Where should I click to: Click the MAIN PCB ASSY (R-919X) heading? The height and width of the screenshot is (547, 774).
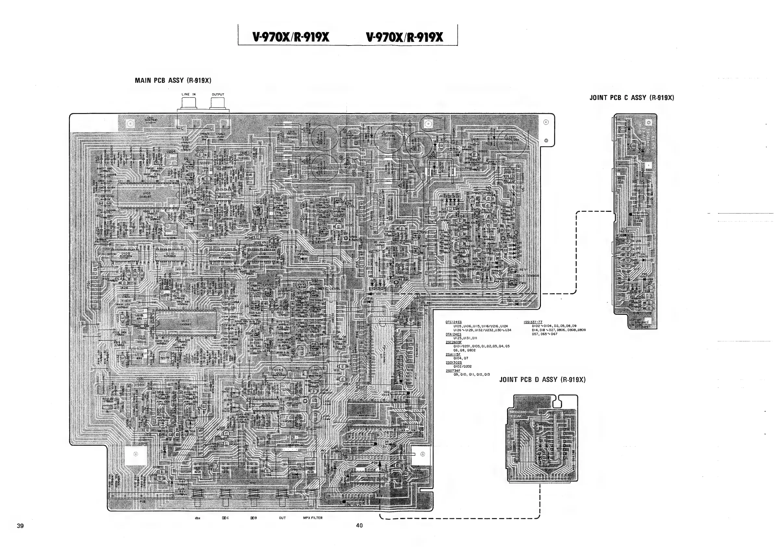(173, 81)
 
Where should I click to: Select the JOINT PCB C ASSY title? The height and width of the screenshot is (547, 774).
(631, 98)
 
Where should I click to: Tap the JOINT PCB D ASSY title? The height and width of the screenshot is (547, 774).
(542, 380)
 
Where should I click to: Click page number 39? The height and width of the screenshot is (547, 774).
(20, 526)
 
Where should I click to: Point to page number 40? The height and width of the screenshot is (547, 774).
(359, 526)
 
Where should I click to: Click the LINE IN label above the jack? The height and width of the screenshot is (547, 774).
(189, 94)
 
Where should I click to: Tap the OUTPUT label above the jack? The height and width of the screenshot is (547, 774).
(218, 95)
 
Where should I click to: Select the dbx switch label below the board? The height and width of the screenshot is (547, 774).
(198, 518)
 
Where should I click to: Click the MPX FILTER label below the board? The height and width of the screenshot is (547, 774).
(312, 518)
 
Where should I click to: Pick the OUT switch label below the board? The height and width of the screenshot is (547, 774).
(282, 518)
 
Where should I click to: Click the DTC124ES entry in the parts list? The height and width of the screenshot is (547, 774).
(453, 322)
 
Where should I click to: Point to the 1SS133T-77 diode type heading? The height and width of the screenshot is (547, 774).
(532, 322)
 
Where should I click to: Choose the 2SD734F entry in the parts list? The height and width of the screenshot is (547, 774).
(453, 371)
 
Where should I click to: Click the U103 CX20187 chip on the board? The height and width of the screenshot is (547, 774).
(147, 195)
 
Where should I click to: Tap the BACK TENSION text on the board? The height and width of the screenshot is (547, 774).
(527, 276)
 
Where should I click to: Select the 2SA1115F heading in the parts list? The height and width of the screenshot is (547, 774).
(453, 354)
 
